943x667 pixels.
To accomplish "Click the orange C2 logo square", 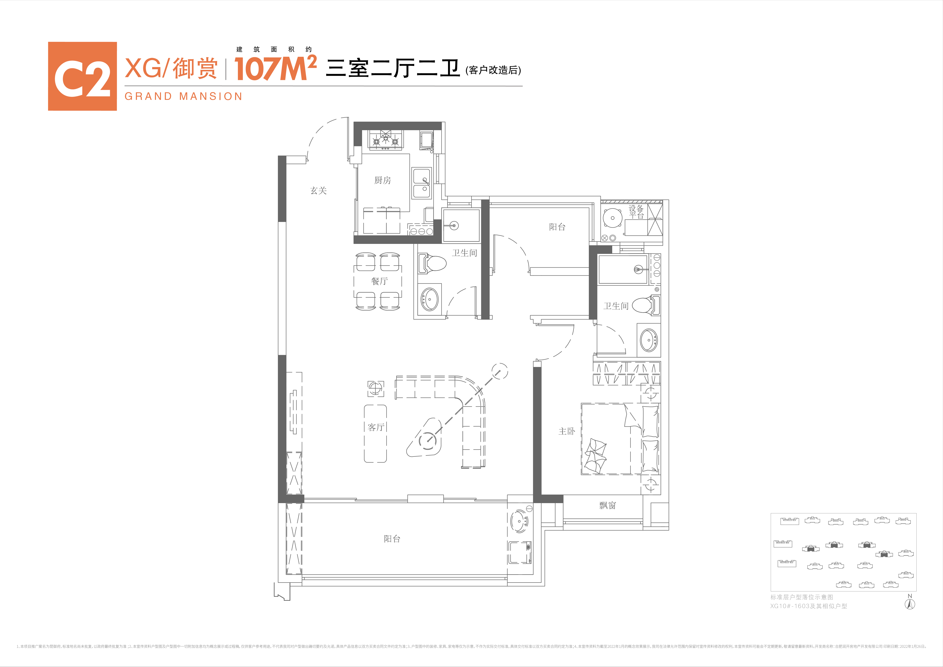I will coord(82,76).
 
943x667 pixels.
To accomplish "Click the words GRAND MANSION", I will coord(183,96).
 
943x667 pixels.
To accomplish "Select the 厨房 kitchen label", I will coord(382,180).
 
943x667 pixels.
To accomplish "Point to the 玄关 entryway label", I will coord(318,191).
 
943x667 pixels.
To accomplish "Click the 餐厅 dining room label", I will coord(379,281).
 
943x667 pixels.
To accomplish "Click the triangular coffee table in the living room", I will coord(425,439).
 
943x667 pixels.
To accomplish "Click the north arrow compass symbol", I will coord(910,604).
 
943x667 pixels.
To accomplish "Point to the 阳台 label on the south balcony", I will coord(392,539).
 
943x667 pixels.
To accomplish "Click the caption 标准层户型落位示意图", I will coord(801,597).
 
